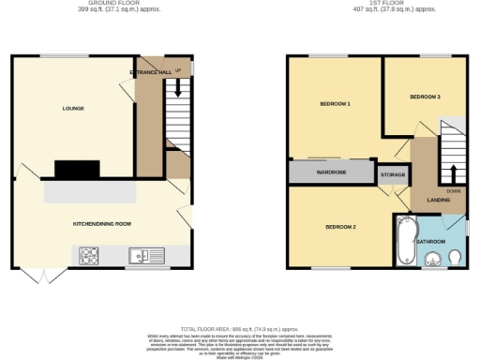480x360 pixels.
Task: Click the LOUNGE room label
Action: click(73, 109)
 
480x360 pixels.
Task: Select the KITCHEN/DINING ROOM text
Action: click(102, 224)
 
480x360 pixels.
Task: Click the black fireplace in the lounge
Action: click(77, 170)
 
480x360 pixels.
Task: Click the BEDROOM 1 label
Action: click(335, 103)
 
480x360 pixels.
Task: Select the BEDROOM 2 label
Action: click(340, 227)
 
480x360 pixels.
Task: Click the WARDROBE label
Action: click(331, 172)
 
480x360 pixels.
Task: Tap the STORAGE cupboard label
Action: click(393, 174)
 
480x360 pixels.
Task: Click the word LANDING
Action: click(438, 200)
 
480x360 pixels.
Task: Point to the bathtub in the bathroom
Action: click(406, 242)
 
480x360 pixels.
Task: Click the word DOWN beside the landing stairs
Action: click(454, 190)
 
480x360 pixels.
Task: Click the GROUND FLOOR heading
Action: click(101, 3)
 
